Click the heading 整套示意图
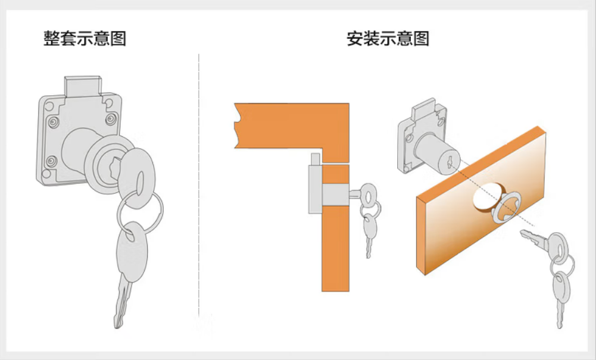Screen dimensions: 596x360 [85, 38]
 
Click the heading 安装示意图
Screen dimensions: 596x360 [388, 38]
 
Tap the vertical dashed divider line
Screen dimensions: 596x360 [199, 186]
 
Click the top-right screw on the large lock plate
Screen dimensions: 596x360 [111, 119]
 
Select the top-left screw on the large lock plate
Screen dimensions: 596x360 [54, 122]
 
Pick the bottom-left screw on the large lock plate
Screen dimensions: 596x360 [52, 161]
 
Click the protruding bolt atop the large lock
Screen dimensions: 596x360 [83, 86]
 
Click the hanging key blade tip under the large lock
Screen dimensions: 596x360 [118, 325]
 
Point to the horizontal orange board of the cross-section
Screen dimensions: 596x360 [292, 126]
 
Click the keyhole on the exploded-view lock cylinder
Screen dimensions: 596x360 [450, 162]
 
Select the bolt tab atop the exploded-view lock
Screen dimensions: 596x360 [424, 108]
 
